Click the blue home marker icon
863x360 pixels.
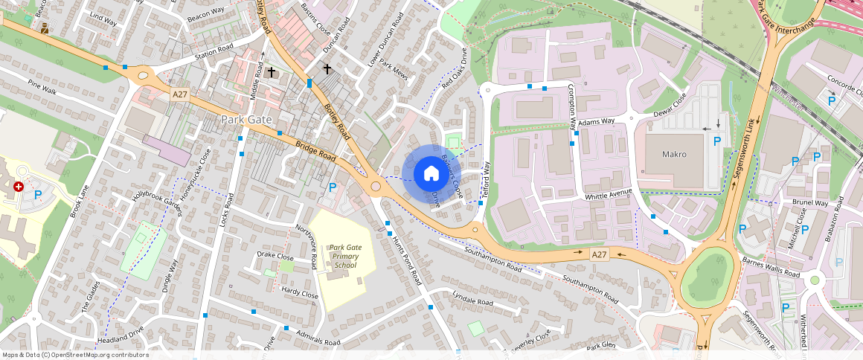(431, 174)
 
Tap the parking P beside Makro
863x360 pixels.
(717, 141)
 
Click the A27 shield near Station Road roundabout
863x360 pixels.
(179, 94)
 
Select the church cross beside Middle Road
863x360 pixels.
(272, 72)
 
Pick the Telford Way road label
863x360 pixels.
(488, 178)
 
